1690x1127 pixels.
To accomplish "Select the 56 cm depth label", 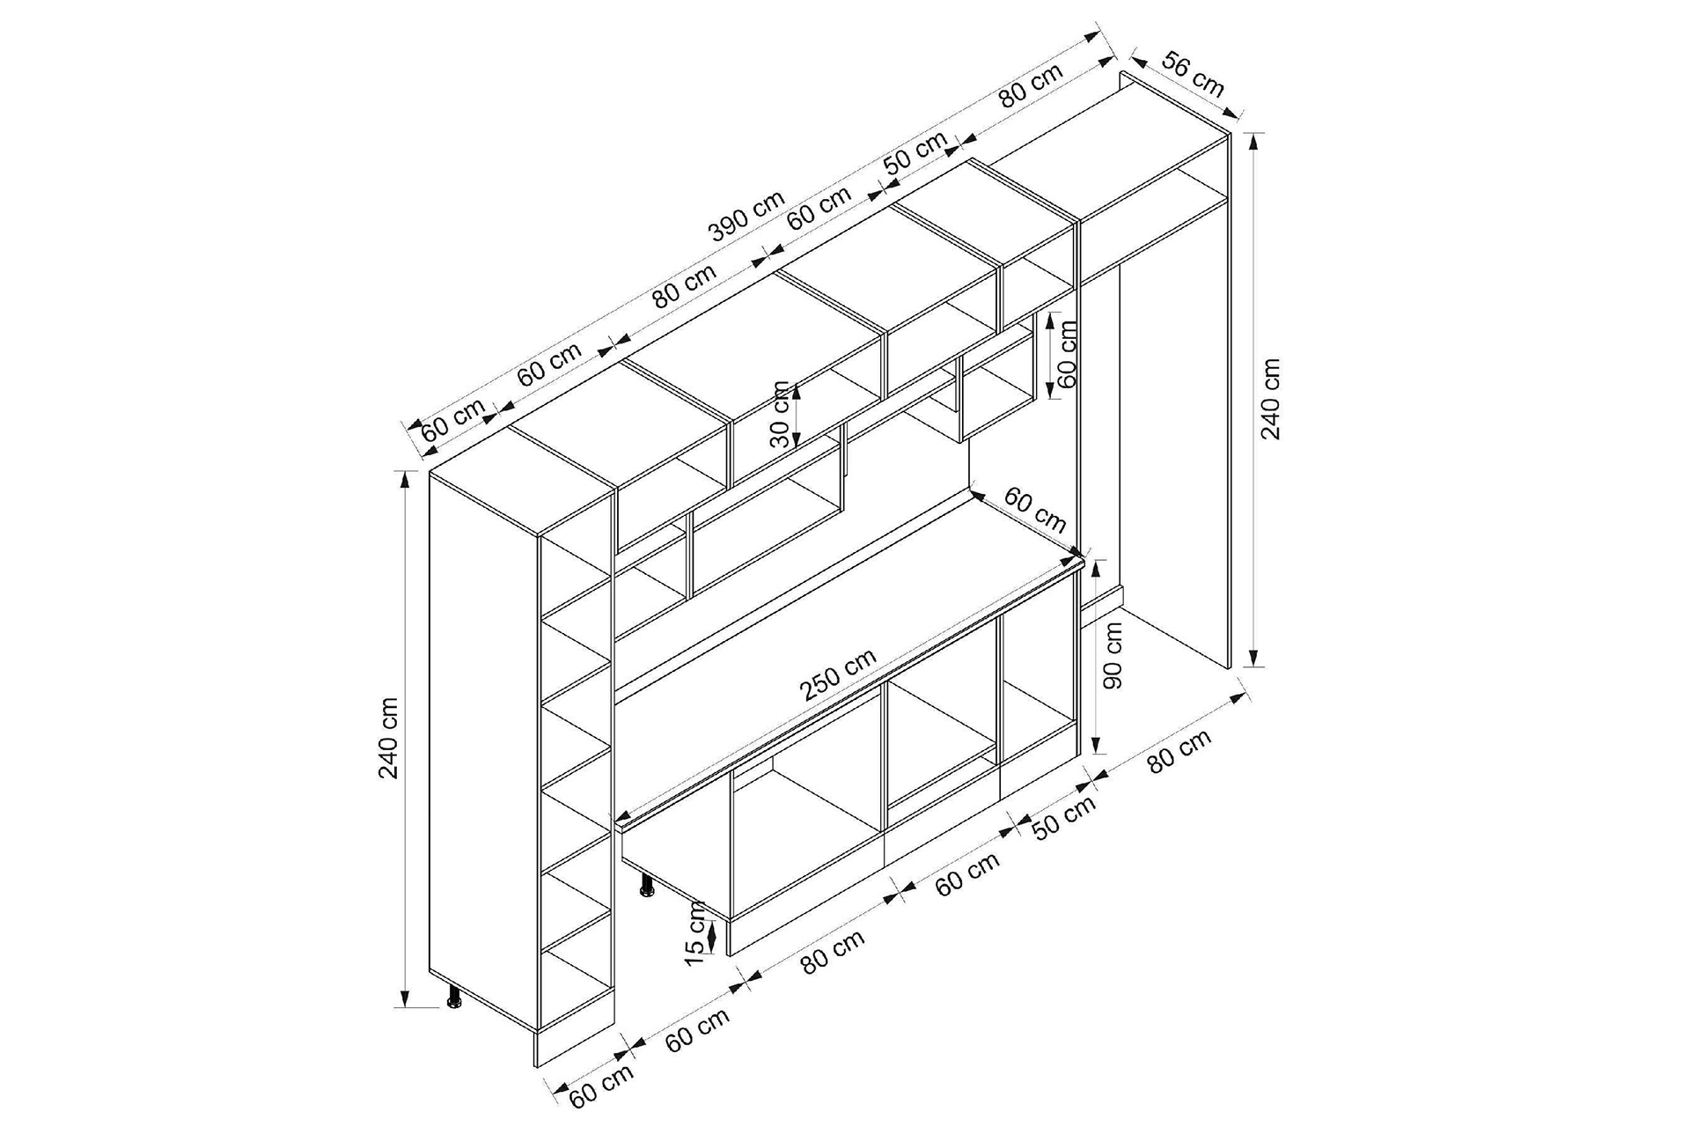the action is coord(1194,74).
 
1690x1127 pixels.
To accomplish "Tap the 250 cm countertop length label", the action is coord(838,674).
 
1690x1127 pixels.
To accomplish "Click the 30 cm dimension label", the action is coord(780,414).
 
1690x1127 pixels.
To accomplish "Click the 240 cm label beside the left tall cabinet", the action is coord(389,738).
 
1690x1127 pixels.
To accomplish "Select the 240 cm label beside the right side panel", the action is coord(1271,398).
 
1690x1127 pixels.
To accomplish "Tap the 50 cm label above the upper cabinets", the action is coord(915,153).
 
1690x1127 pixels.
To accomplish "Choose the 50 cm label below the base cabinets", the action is coord(1064,818).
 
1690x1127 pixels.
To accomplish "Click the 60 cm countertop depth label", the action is coord(1035,511).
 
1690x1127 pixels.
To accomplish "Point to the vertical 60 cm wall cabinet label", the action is coord(1068,353).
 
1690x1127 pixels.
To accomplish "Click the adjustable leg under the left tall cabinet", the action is coord(455,996).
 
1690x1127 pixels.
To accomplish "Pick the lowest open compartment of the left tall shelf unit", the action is coord(576,986).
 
